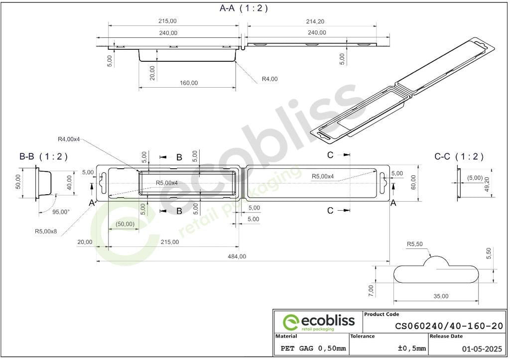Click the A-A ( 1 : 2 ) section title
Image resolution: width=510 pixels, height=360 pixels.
[x=244, y=8]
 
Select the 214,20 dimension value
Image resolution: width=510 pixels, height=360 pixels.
[x=315, y=21]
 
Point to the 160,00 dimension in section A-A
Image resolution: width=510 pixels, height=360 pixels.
[x=189, y=83]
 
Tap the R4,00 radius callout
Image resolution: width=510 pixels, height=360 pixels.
[x=269, y=79]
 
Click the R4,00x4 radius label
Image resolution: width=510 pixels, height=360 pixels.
[x=69, y=139]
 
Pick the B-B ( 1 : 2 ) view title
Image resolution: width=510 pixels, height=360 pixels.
[x=43, y=157]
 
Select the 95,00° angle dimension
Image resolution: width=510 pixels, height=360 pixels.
[x=61, y=212]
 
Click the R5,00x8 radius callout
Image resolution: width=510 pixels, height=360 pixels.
[x=46, y=232]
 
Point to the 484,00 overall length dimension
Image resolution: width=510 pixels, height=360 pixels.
[x=237, y=256]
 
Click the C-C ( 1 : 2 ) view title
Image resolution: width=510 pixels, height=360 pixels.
[x=459, y=157]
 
